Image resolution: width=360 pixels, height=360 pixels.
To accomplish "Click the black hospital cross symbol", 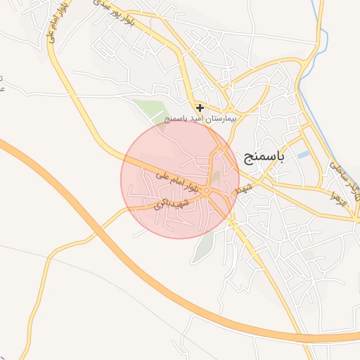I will click(200, 108).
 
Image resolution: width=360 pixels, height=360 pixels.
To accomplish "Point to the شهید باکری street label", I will click(168, 205).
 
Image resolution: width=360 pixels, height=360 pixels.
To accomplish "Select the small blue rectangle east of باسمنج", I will click(303, 155).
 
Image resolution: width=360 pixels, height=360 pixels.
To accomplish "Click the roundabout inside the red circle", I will click(207, 191).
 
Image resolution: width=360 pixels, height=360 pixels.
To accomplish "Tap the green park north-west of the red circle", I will click(150, 110).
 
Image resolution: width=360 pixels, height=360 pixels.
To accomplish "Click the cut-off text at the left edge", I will click(2, 83).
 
